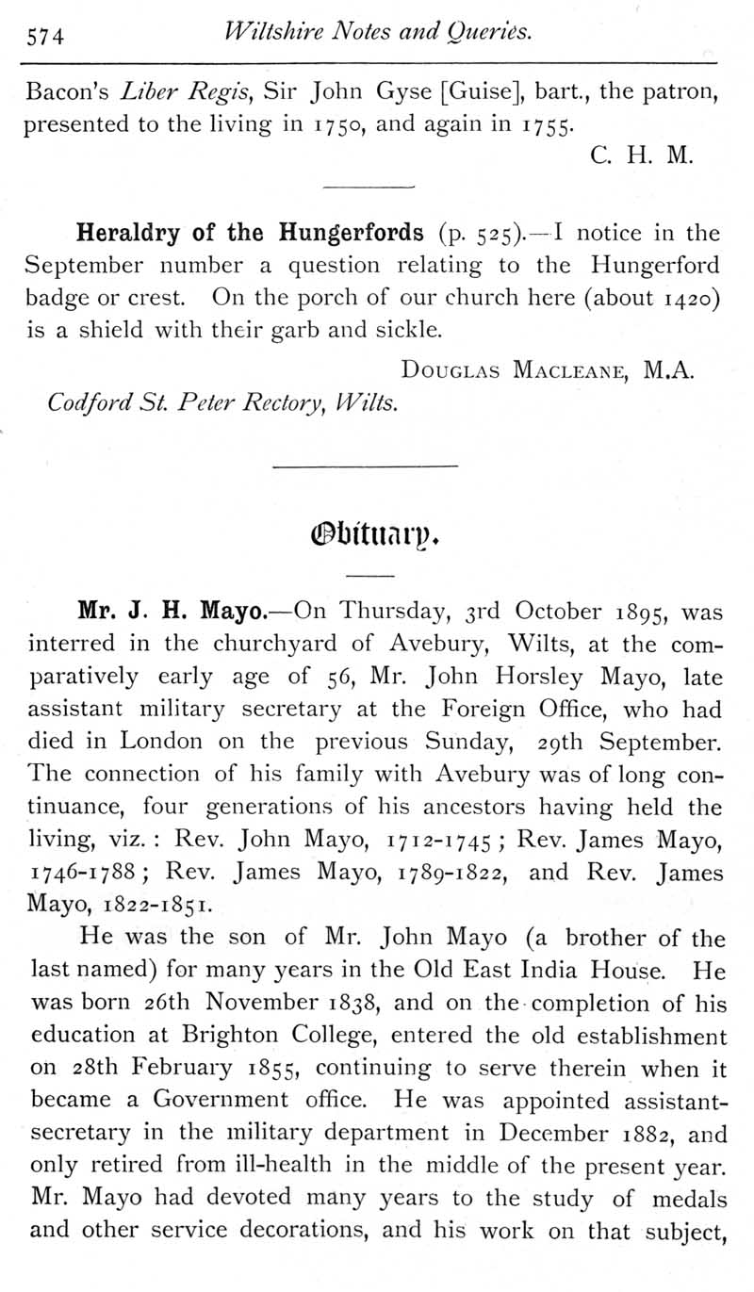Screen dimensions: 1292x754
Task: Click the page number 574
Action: [43, 37]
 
